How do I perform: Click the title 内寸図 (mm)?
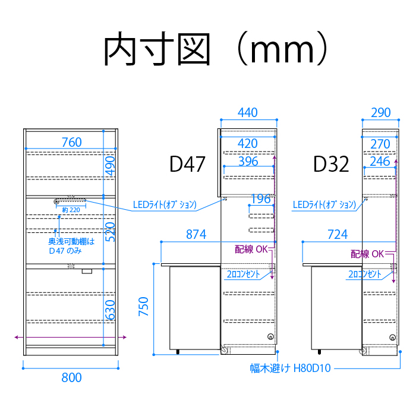(x=215, y=49)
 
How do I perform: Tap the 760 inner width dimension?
(x=72, y=142)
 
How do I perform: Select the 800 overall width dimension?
(x=71, y=377)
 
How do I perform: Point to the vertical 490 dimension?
(x=110, y=166)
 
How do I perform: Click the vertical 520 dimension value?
(x=110, y=232)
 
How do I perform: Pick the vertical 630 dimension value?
(x=110, y=310)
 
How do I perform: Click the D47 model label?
(x=187, y=164)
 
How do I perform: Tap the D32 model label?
(x=331, y=164)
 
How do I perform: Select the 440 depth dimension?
(x=248, y=112)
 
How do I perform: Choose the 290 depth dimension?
(x=381, y=112)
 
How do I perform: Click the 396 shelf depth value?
(x=248, y=161)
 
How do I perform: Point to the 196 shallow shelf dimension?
(x=261, y=198)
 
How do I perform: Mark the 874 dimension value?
(x=196, y=235)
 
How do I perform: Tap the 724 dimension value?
(x=338, y=235)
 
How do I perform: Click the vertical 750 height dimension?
(x=143, y=307)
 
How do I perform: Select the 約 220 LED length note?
(x=71, y=210)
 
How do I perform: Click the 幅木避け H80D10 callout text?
(x=290, y=368)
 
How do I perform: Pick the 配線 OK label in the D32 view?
(x=367, y=254)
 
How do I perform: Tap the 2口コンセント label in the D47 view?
(x=243, y=274)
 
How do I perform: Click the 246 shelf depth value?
(x=380, y=161)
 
